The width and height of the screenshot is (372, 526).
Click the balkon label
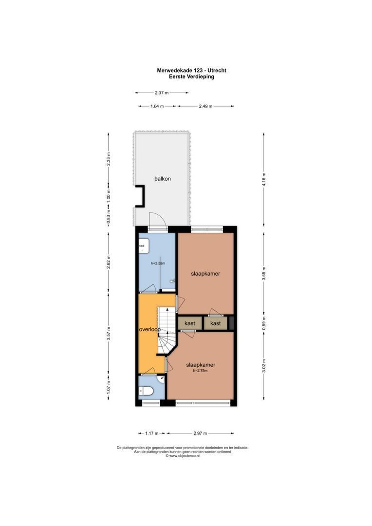163,179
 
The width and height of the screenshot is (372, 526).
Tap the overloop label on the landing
149,329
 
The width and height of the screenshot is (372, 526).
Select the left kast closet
190,323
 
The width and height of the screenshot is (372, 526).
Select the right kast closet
215,323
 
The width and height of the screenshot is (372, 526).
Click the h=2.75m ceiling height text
201,371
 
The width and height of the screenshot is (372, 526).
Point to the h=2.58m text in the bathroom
158,263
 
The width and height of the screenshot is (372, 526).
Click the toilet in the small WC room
146,391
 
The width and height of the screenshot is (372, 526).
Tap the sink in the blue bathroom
143,247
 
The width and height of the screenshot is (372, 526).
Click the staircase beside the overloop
167,331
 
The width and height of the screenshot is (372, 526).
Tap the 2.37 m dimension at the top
161,93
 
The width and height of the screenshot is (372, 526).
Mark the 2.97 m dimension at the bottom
200,433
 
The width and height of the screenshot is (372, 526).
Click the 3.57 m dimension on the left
109,334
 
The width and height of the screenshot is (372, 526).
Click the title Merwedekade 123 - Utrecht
191,70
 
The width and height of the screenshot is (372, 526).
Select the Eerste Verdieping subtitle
191,76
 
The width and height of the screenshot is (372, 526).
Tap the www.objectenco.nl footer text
183,456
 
